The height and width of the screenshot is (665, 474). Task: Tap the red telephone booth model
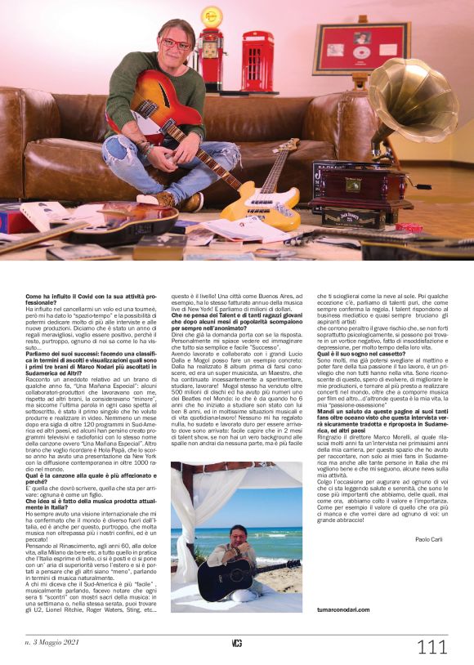tap(257, 60)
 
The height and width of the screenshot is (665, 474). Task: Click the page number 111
tap(432, 647)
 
